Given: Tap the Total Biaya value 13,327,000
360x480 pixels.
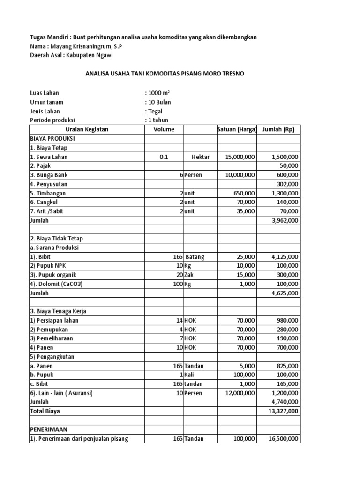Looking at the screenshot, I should (x=281, y=411).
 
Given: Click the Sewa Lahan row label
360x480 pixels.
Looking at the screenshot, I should (x=47, y=157).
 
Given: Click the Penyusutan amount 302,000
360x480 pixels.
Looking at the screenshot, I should (x=287, y=184).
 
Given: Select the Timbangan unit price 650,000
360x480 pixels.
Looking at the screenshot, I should (x=243, y=193).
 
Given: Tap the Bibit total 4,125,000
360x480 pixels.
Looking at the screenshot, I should (x=284, y=257).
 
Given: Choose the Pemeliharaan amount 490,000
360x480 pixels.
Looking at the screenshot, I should (x=287, y=338).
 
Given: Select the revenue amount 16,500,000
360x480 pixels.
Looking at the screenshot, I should (x=281, y=439).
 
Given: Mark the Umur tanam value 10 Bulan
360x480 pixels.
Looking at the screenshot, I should (x=159, y=102).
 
